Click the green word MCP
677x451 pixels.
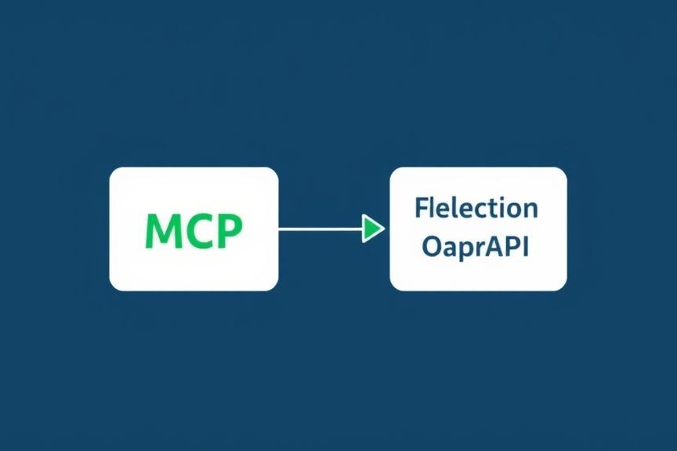click(x=194, y=231)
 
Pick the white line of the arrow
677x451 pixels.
click(x=320, y=229)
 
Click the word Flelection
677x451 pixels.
click(x=476, y=207)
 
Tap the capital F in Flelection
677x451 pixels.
click(x=422, y=207)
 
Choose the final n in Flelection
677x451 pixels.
click(x=531, y=211)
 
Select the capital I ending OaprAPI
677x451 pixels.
click(x=526, y=247)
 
